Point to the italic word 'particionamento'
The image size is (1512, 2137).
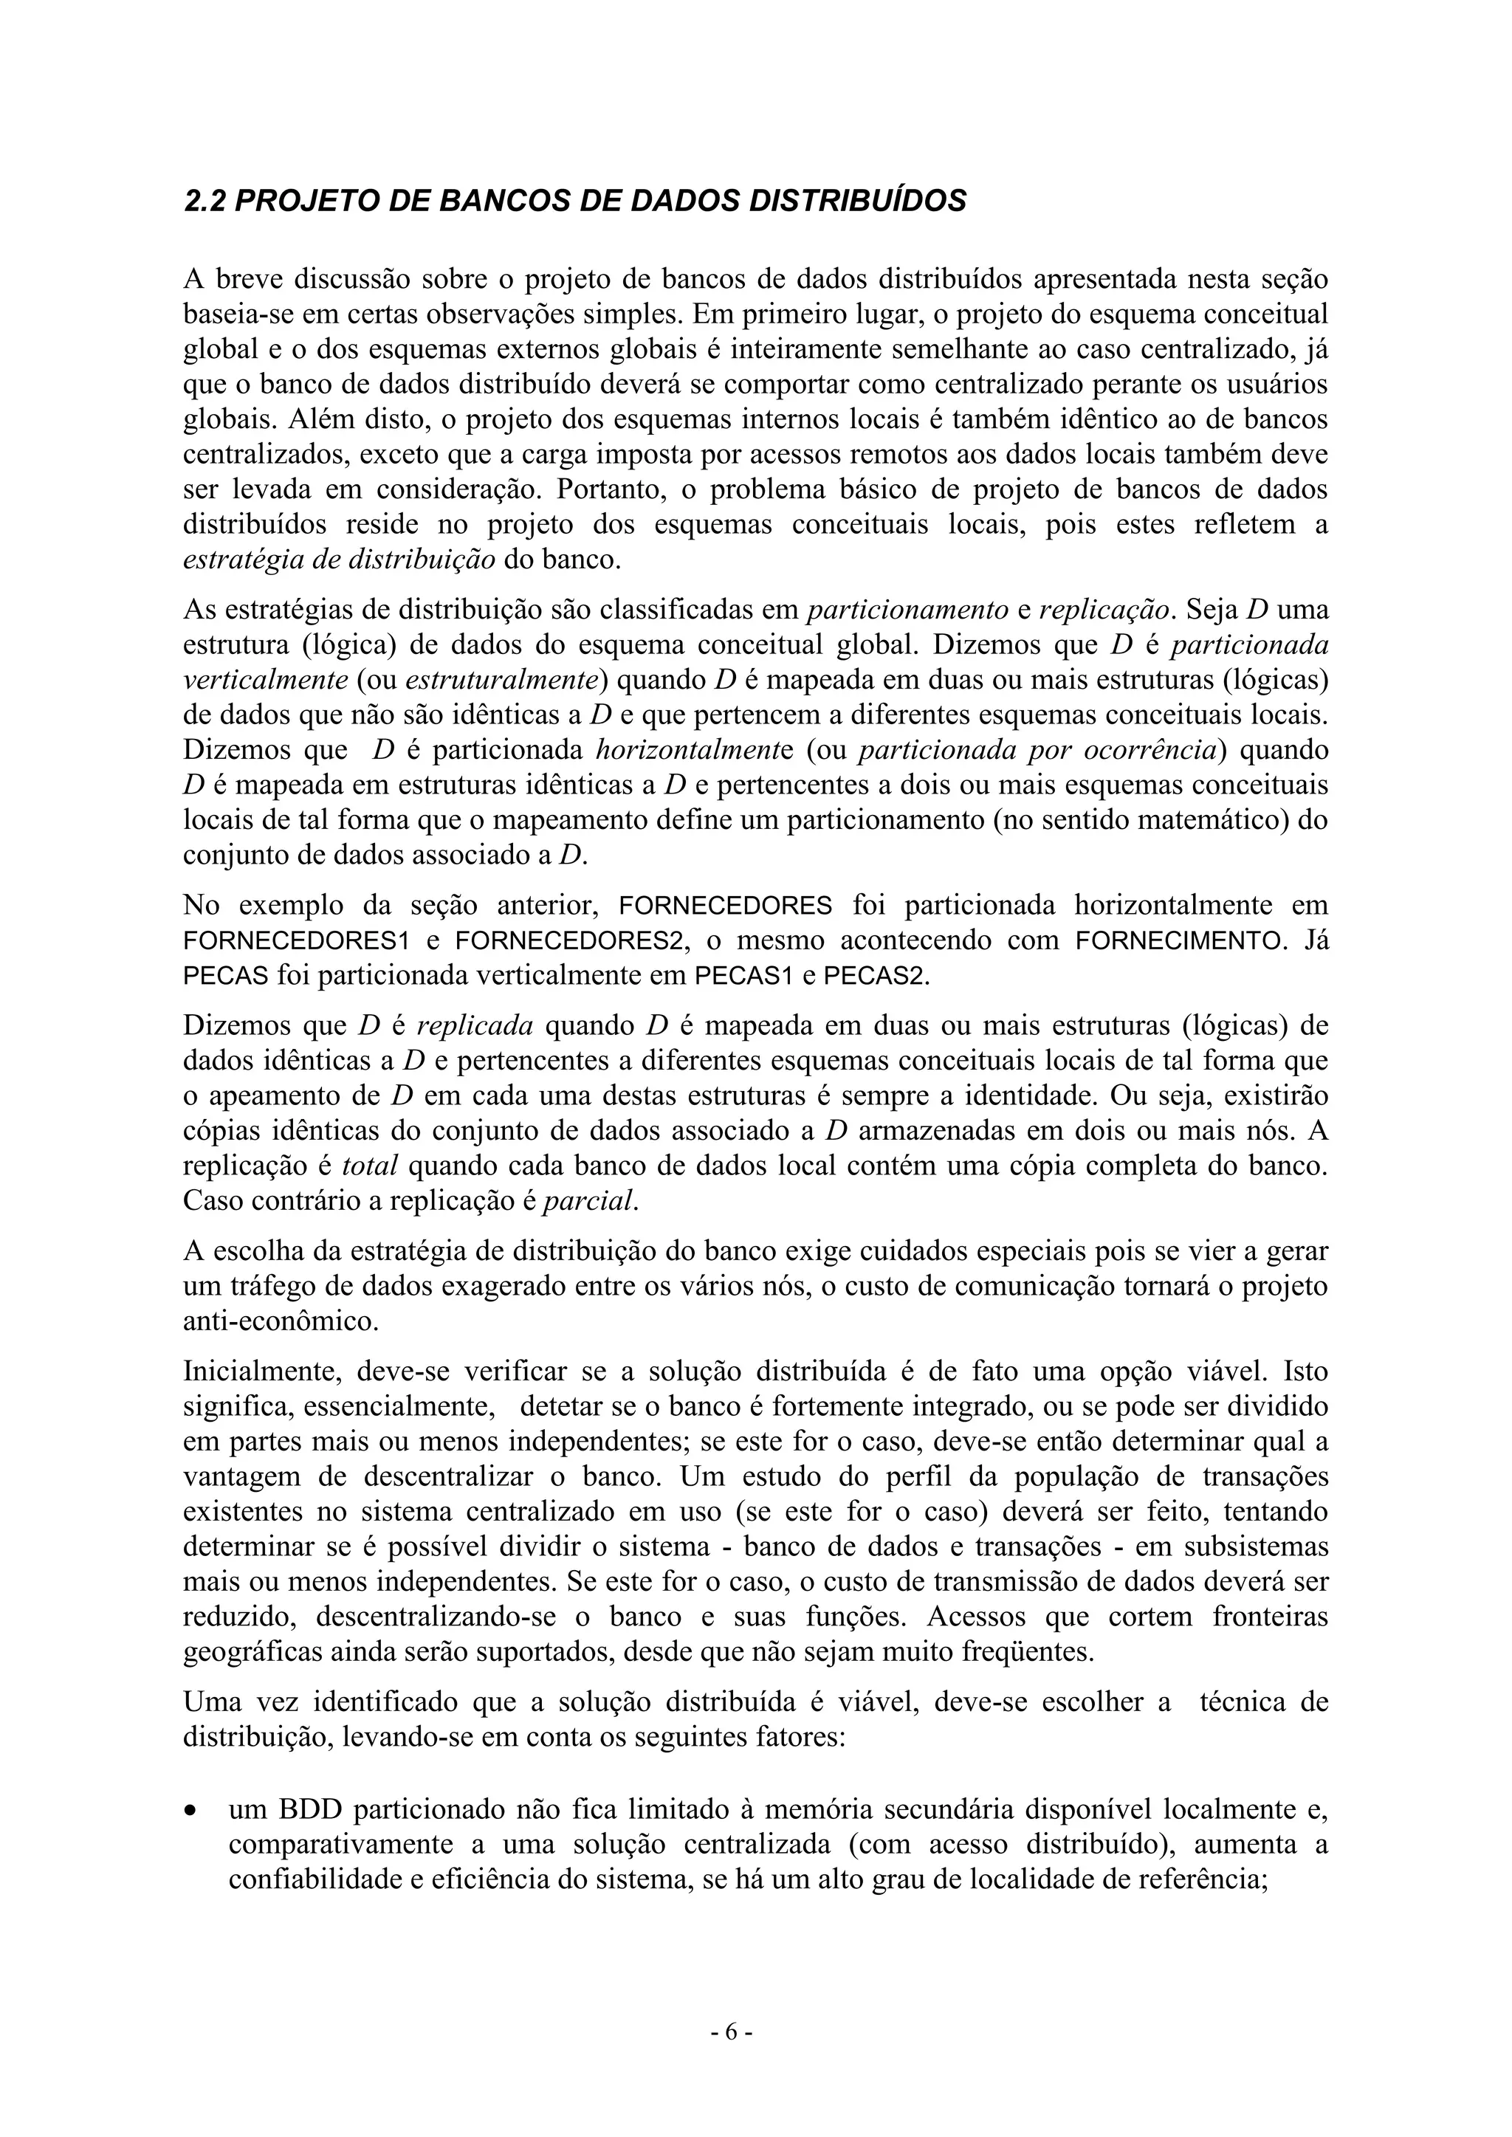909,610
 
